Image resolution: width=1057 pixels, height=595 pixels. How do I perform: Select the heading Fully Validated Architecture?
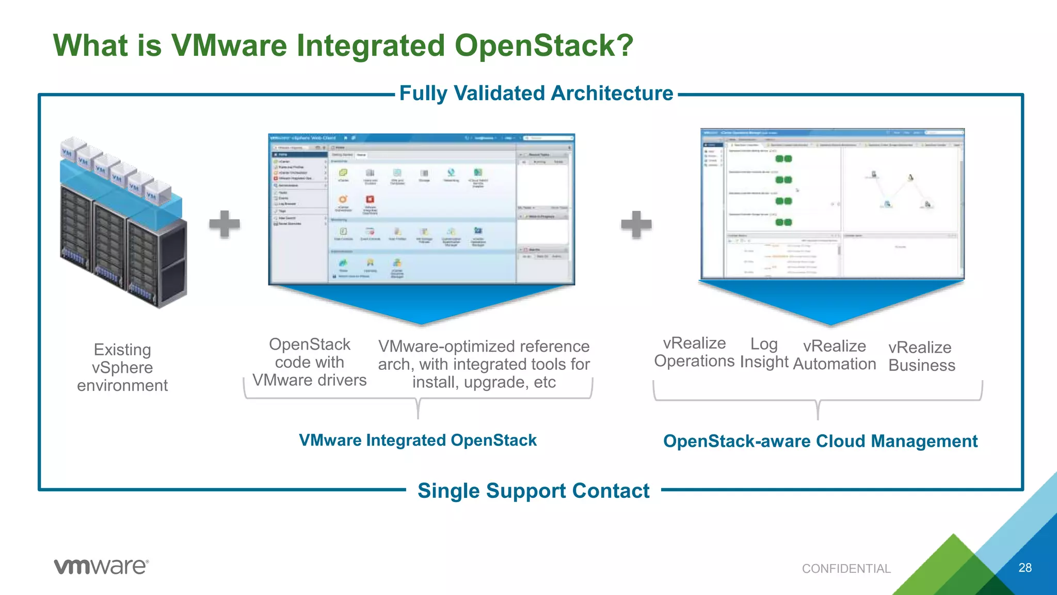pos(536,93)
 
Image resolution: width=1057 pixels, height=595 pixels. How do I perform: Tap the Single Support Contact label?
pos(533,491)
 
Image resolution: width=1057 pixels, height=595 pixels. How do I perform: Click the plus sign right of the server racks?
pos(225,224)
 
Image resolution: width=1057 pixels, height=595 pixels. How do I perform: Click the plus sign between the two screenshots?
pos(636,224)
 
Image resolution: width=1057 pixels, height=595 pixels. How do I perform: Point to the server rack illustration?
pos(123,222)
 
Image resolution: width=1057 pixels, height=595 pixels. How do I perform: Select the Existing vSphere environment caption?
pos(122,367)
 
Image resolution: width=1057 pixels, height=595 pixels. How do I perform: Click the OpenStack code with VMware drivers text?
pos(309,362)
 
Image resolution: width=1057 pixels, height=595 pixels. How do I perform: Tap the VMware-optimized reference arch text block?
pos(484,364)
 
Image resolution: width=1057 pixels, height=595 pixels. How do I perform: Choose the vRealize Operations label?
pos(694,352)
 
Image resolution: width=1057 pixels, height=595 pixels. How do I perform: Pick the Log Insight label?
pos(764,353)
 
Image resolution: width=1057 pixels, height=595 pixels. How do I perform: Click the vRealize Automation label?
pos(835,355)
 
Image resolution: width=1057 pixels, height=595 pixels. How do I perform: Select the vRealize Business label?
pos(922,356)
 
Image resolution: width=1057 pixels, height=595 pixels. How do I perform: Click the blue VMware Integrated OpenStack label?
pos(418,440)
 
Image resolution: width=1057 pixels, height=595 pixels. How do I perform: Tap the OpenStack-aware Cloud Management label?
pos(820,441)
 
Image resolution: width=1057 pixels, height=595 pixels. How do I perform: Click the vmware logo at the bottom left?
pos(101,566)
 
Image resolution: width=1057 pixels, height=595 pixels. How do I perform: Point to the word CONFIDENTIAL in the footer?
pos(846,569)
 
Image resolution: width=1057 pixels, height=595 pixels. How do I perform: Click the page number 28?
pos(1025,568)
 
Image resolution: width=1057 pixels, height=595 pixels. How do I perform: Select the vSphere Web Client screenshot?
pos(421,209)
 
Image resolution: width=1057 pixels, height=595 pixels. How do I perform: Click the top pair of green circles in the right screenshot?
pos(783,159)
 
